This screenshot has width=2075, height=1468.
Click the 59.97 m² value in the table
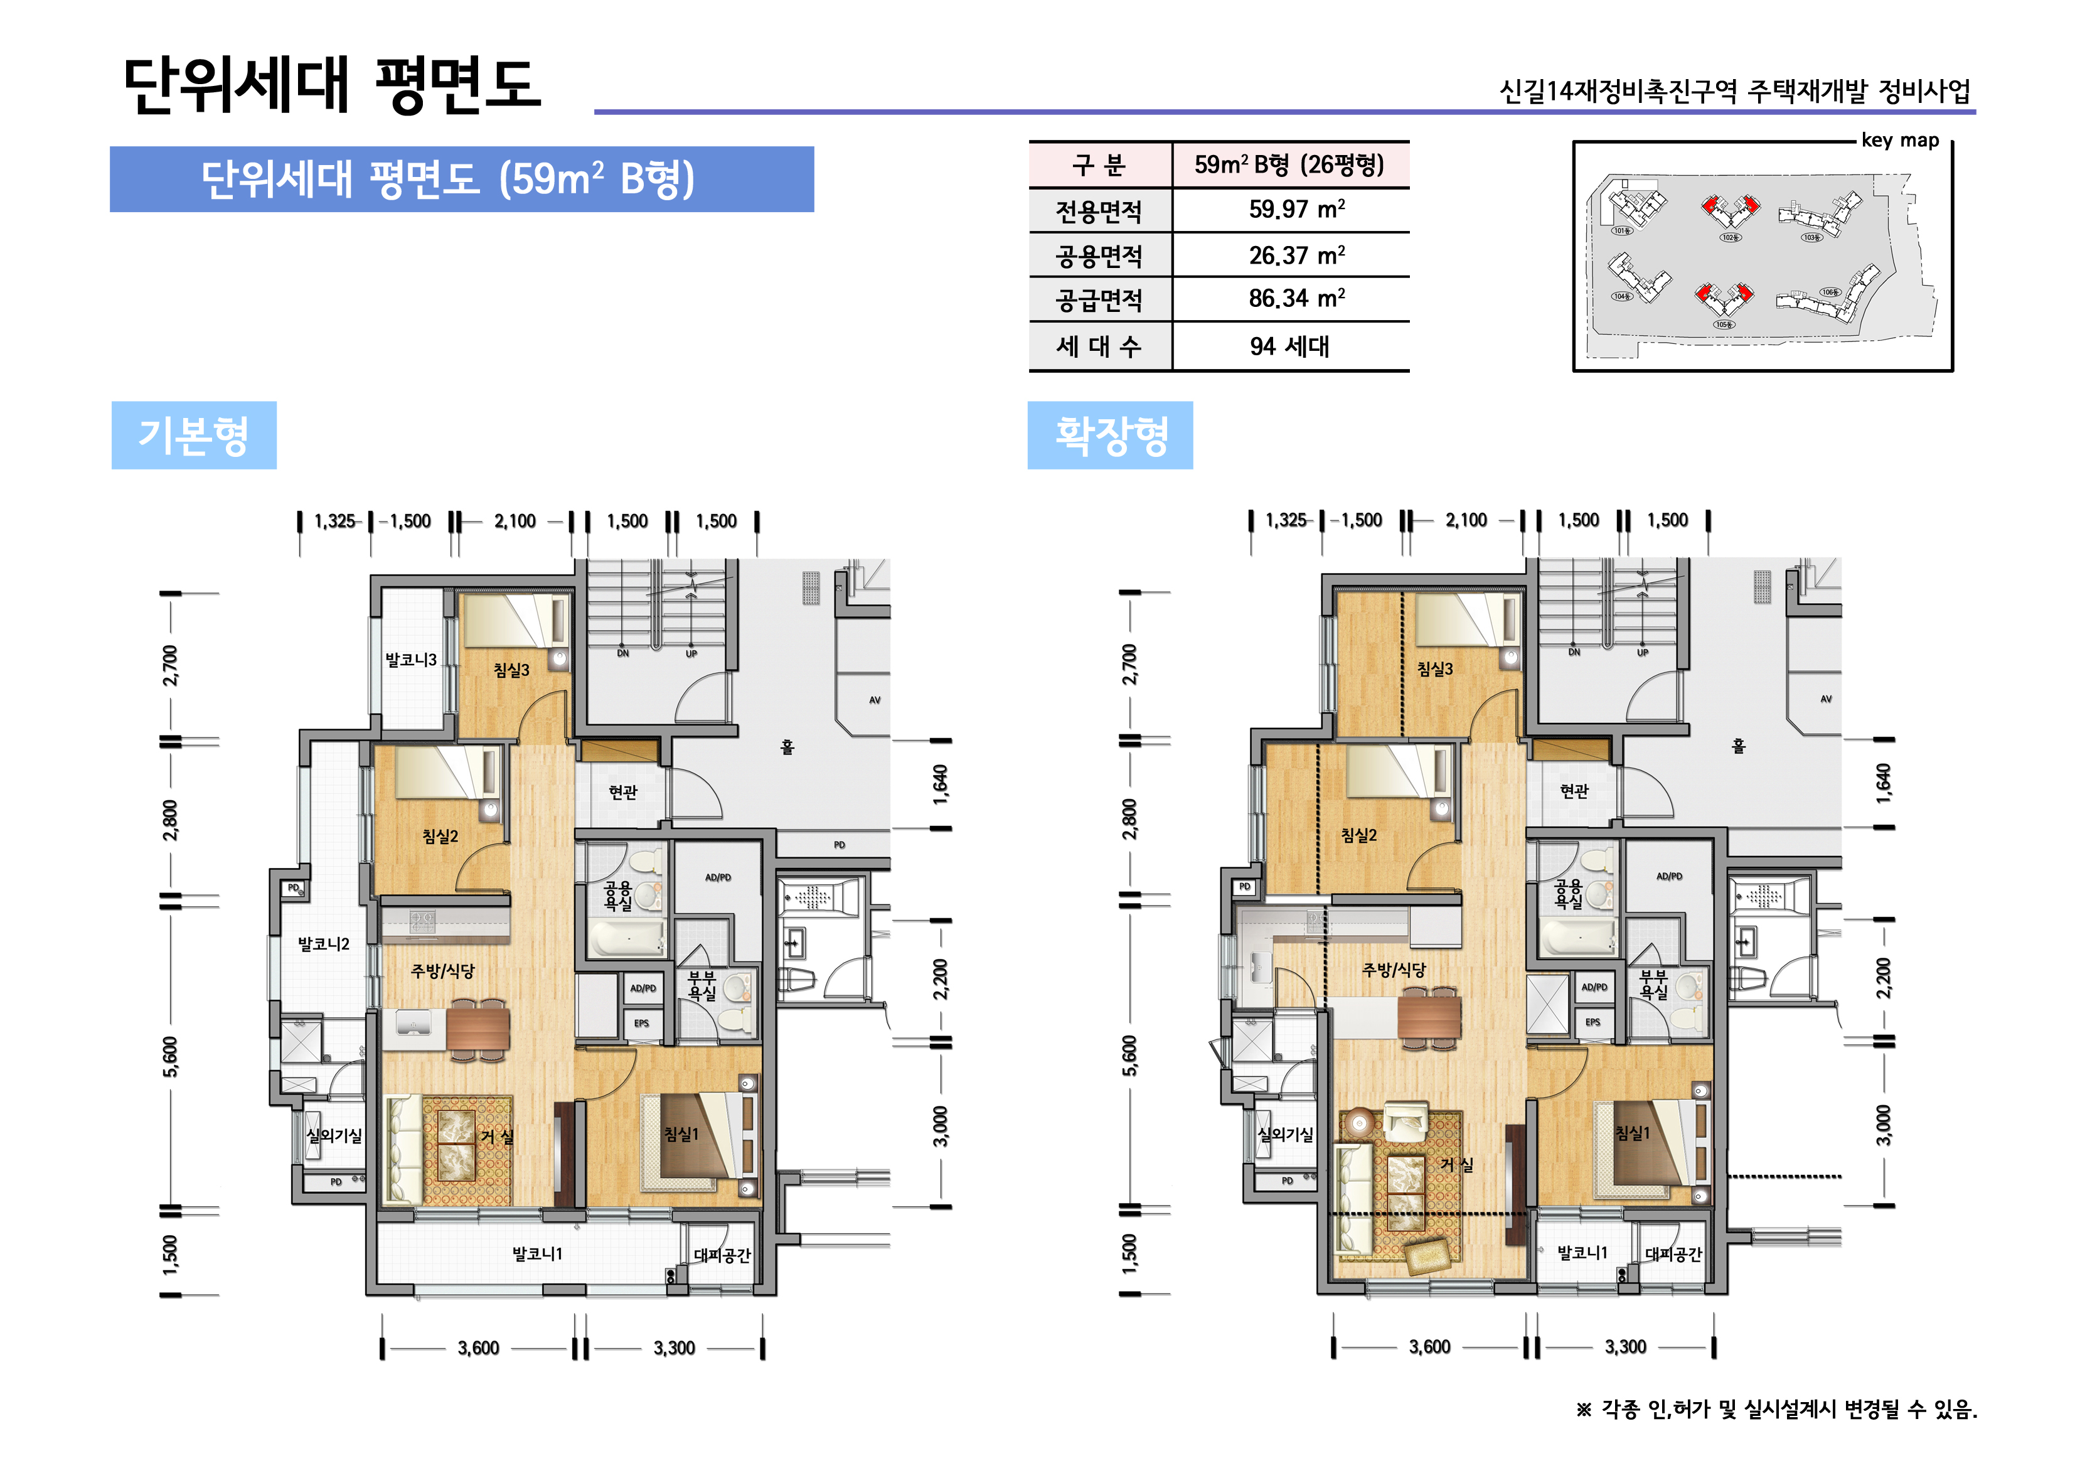pyautogui.click(x=1296, y=210)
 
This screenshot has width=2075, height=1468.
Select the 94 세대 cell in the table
pyautogui.click(x=1289, y=346)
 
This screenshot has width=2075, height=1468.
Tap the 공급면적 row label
pyautogui.click(x=1099, y=299)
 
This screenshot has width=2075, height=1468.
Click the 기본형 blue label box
pyautogui.click(x=193, y=435)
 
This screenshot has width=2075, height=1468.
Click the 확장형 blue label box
pyautogui.click(x=1110, y=435)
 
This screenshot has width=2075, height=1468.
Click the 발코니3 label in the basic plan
pyautogui.click(x=410, y=660)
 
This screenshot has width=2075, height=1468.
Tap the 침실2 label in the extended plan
pyautogui.click(x=1358, y=835)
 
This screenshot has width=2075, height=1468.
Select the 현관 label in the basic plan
pyautogui.click(x=622, y=792)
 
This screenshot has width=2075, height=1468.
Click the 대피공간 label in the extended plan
pyautogui.click(x=1673, y=1255)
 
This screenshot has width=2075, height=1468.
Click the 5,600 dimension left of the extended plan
pyautogui.click(x=1129, y=1056)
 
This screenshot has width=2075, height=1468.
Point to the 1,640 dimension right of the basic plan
pyautogui.click(x=941, y=784)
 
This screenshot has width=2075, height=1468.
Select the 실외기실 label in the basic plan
pyautogui.click(x=333, y=1135)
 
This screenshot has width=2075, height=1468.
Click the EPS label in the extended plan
pyautogui.click(x=1592, y=1022)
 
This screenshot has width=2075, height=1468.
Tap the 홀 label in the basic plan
pyautogui.click(x=787, y=747)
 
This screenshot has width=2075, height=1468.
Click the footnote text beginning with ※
pyautogui.click(x=1776, y=1409)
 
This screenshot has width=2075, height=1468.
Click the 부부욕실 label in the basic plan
pyautogui.click(x=702, y=985)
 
